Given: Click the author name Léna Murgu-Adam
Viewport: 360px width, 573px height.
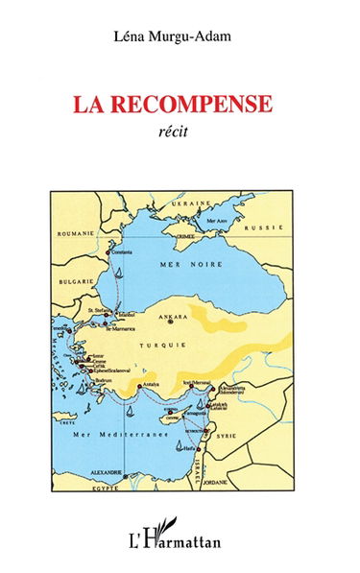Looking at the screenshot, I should [180, 37].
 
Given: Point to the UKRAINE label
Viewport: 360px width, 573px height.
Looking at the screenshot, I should [190, 203].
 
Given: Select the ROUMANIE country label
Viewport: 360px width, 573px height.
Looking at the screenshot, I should [74, 233].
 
